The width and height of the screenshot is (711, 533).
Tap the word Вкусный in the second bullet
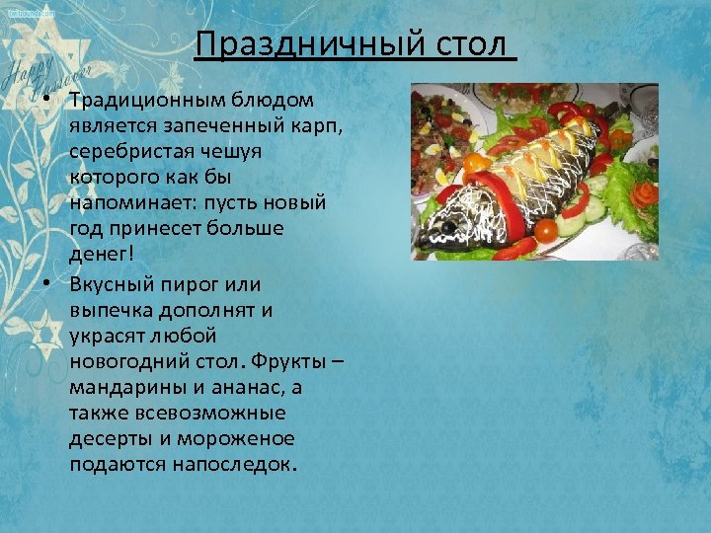[108, 284]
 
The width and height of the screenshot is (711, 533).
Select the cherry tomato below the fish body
[545, 230]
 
